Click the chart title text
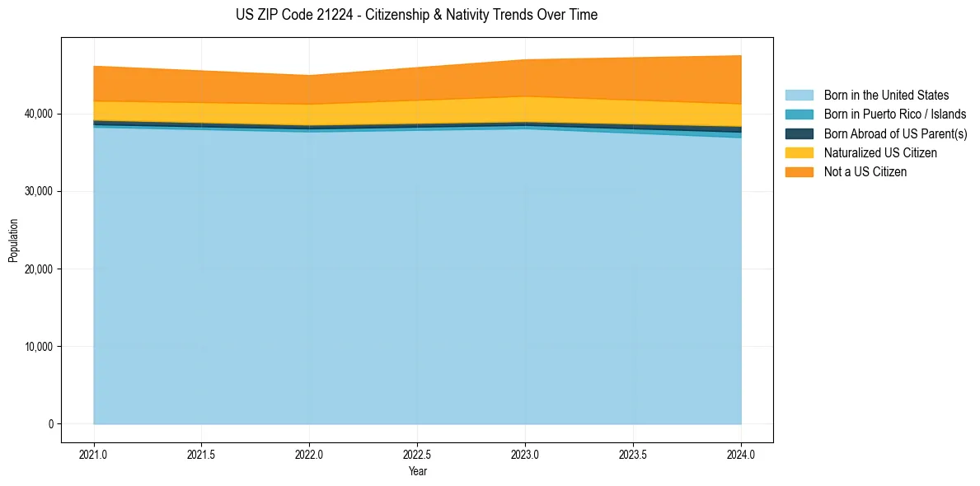(416, 15)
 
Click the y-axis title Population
(12, 240)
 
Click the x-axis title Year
(417, 471)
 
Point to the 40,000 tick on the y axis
(38, 114)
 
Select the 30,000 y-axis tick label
(38, 191)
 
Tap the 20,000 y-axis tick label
(38, 269)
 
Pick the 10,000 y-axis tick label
(38, 347)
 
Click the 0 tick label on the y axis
(50, 424)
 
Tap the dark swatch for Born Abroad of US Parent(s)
(799, 133)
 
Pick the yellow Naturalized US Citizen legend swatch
(799, 152)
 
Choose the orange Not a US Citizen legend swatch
(799, 171)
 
